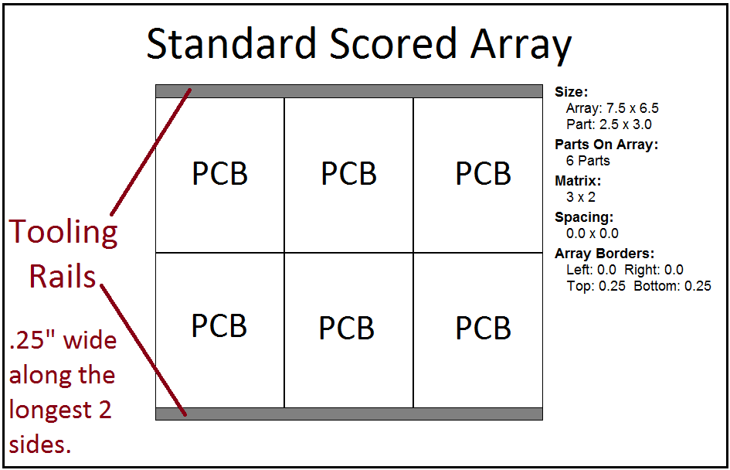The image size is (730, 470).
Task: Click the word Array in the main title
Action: [x=521, y=44]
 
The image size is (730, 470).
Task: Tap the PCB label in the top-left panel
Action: [x=219, y=174]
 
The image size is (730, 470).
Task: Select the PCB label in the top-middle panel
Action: [x=348, y=174]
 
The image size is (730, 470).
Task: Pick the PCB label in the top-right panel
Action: [x=483, y=174]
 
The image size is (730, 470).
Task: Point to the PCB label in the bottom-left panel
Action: [x=219, y=326]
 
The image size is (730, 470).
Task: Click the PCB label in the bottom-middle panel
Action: [x=346, y=329]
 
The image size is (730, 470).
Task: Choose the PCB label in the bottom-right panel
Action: [x=483, y=329]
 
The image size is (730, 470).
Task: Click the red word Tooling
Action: [x=63, y=232]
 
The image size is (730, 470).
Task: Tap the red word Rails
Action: [x=63, y=276]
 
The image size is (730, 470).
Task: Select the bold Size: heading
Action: [x=571, y=92]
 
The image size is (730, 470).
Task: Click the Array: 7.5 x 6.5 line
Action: [x=612, y=108]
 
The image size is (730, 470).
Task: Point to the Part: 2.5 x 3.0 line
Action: [x=609, y=124]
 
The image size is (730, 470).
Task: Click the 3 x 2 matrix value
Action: [x=581, y=197]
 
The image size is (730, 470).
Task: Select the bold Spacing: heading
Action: [x=584, y=217]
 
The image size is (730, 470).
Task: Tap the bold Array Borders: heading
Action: [x=604, y=254]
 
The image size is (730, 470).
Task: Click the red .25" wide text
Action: [x=63, y=340]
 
